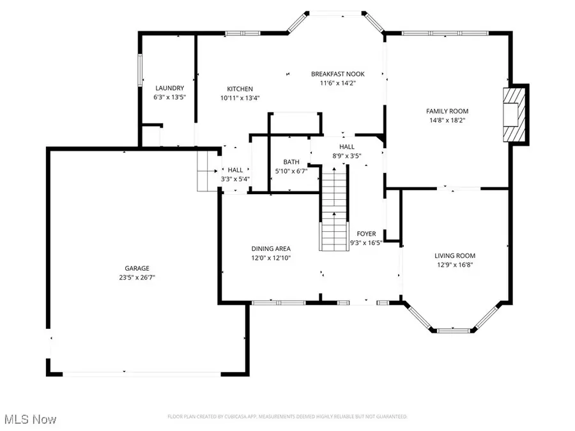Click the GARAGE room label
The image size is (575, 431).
(137, 268)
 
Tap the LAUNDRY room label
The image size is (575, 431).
(169, 88)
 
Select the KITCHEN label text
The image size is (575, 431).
(240, 89)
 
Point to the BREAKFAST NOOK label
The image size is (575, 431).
(337, 73)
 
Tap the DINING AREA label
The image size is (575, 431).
(271, 248)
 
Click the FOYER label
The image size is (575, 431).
(366, 234)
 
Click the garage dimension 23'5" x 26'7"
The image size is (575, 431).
(137, 277)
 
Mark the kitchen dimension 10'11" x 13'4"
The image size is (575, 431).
(240, 98)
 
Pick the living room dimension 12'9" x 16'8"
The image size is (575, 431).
(454, 264)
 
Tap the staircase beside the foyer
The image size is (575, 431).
(333, 208)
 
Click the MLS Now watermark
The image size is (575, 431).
(29, 420)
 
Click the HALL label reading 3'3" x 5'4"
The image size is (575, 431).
(236, 174)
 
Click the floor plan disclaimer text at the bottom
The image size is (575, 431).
(287, 416)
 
